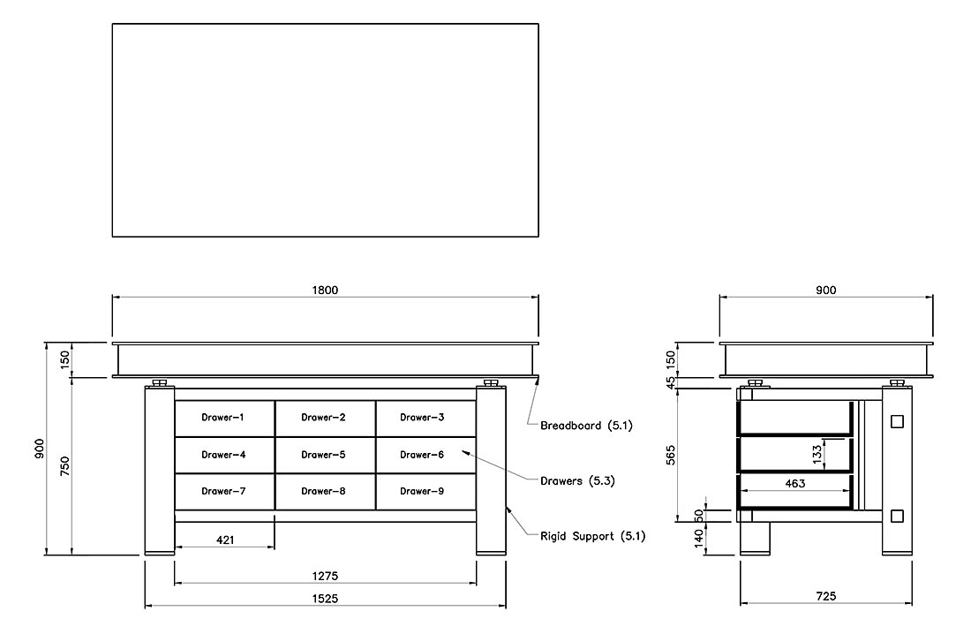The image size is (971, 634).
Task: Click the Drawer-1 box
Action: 225,419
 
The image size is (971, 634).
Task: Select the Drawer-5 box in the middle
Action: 325,455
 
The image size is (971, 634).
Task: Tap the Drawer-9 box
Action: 426,492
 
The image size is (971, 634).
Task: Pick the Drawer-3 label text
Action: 422,417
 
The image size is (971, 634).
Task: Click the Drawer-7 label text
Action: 223,491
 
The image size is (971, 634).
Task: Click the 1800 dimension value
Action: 325,290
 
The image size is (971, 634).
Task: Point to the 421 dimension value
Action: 225,540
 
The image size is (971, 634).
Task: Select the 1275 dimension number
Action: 325,576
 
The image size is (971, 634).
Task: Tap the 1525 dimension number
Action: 325,598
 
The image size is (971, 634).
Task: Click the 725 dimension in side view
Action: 826,595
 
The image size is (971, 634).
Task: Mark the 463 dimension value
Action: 795,483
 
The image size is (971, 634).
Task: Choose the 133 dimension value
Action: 817,454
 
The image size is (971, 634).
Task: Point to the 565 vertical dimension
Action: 671,455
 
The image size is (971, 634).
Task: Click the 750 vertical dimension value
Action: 64,466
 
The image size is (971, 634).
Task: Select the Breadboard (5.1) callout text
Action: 586,426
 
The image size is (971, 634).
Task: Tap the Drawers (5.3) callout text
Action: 577,481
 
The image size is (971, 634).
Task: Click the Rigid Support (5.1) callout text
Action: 592,536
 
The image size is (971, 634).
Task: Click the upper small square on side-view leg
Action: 897,421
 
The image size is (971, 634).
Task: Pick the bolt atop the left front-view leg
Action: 159,383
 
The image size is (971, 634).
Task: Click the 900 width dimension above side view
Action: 826,290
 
